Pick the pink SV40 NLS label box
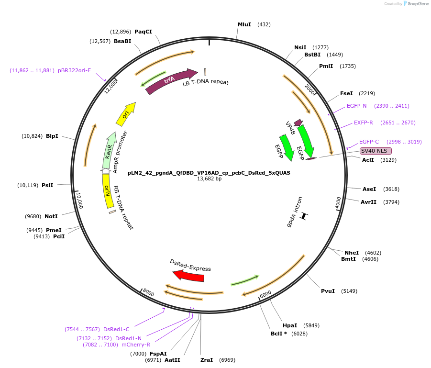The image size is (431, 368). click(376, 151)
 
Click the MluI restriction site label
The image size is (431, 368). click(244, 24)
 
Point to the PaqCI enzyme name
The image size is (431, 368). click(143, 32)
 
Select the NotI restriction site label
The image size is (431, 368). click(51, 216)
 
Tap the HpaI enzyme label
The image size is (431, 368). click(290, 325)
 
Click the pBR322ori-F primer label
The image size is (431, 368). click(74, 70)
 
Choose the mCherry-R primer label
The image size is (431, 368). click(136, 345)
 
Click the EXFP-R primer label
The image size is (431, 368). click(364, 123)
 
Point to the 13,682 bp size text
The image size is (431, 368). click(210, 179)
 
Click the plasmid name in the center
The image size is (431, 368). click(209, 172)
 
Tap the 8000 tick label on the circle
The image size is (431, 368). click(148, 292)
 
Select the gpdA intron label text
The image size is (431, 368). click(295, 212)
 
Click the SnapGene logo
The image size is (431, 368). click(416, 4)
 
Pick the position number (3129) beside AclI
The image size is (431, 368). click(388, 160)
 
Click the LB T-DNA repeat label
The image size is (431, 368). click(206, 82)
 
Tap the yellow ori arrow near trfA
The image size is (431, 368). click(126, 114)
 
